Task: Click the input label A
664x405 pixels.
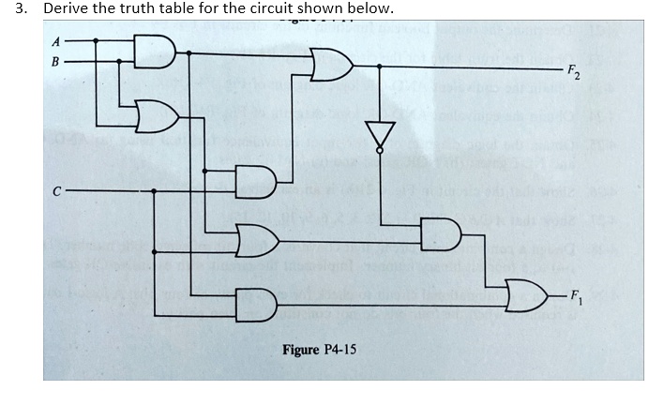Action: pos(54,41)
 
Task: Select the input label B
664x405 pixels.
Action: pos(54,61)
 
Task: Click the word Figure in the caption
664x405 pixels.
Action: pos(302,350)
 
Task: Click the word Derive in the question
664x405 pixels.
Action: pos(66,9)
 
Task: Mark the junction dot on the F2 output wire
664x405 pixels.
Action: pos(380,66)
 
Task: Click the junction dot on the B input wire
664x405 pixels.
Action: pos(119,61)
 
